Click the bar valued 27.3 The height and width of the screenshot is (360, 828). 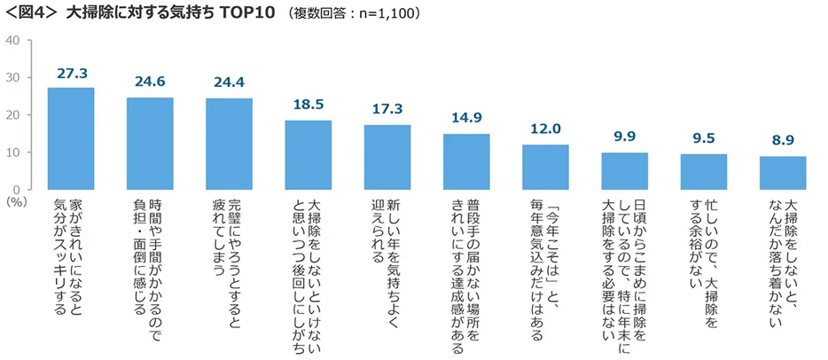(x=71, y=138)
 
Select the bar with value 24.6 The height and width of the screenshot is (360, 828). (x=150, y=144)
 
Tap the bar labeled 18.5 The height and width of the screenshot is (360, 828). (x=309, y=155)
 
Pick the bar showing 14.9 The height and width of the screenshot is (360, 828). (x=466, y=161)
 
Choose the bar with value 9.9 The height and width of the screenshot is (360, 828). (x=625, y=171)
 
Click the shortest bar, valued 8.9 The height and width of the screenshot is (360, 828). (x=783, y=173)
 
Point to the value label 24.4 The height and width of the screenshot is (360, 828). (x=229, y=83)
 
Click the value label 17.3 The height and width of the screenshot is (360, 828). (x=387, y=110)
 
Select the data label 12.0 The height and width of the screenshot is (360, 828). (x=546, y=129)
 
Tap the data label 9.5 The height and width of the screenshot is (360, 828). (x=704, y=139)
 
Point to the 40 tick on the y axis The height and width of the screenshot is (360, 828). (x=13, y=41)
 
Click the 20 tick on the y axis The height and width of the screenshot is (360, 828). (x=13, y=115)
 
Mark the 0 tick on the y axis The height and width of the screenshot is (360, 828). (x=17, y=189)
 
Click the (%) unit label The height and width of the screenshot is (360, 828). (x=16, y=202)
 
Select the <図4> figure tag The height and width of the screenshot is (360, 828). (x=33, y=15)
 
